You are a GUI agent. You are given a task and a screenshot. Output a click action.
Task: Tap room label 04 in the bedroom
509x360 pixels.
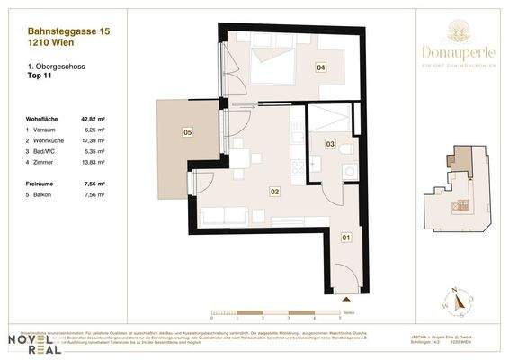click(x=320, y=67)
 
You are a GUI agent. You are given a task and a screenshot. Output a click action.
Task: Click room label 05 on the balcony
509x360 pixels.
click(x=187, y=133)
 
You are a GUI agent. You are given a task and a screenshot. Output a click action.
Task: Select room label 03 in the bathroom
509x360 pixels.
click(x=330, y=144)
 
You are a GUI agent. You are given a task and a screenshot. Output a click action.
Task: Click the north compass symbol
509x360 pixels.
click(x=454, y=301)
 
